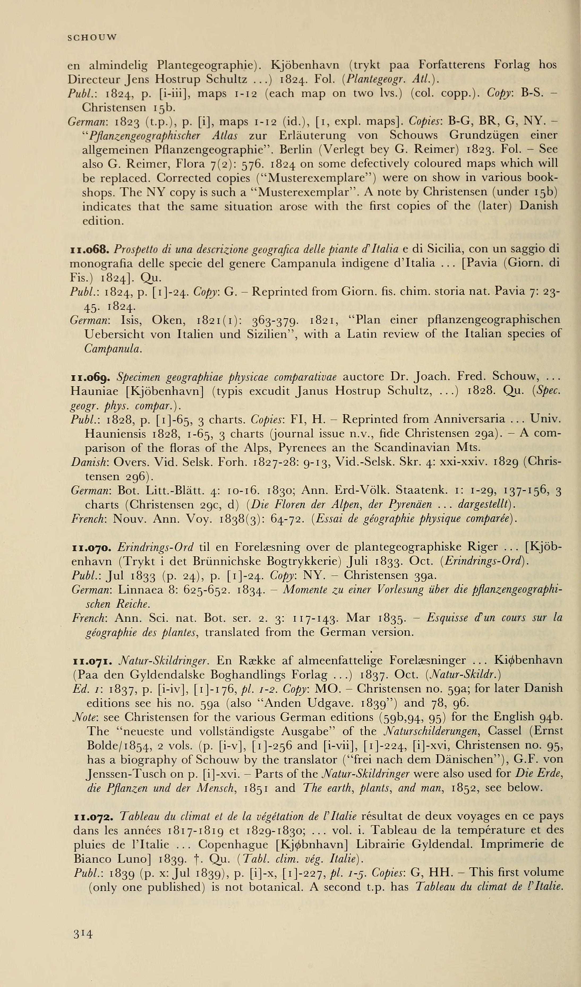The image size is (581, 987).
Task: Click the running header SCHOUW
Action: (x=92, y=38)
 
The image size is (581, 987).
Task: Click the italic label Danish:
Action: (x=91, y=462)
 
